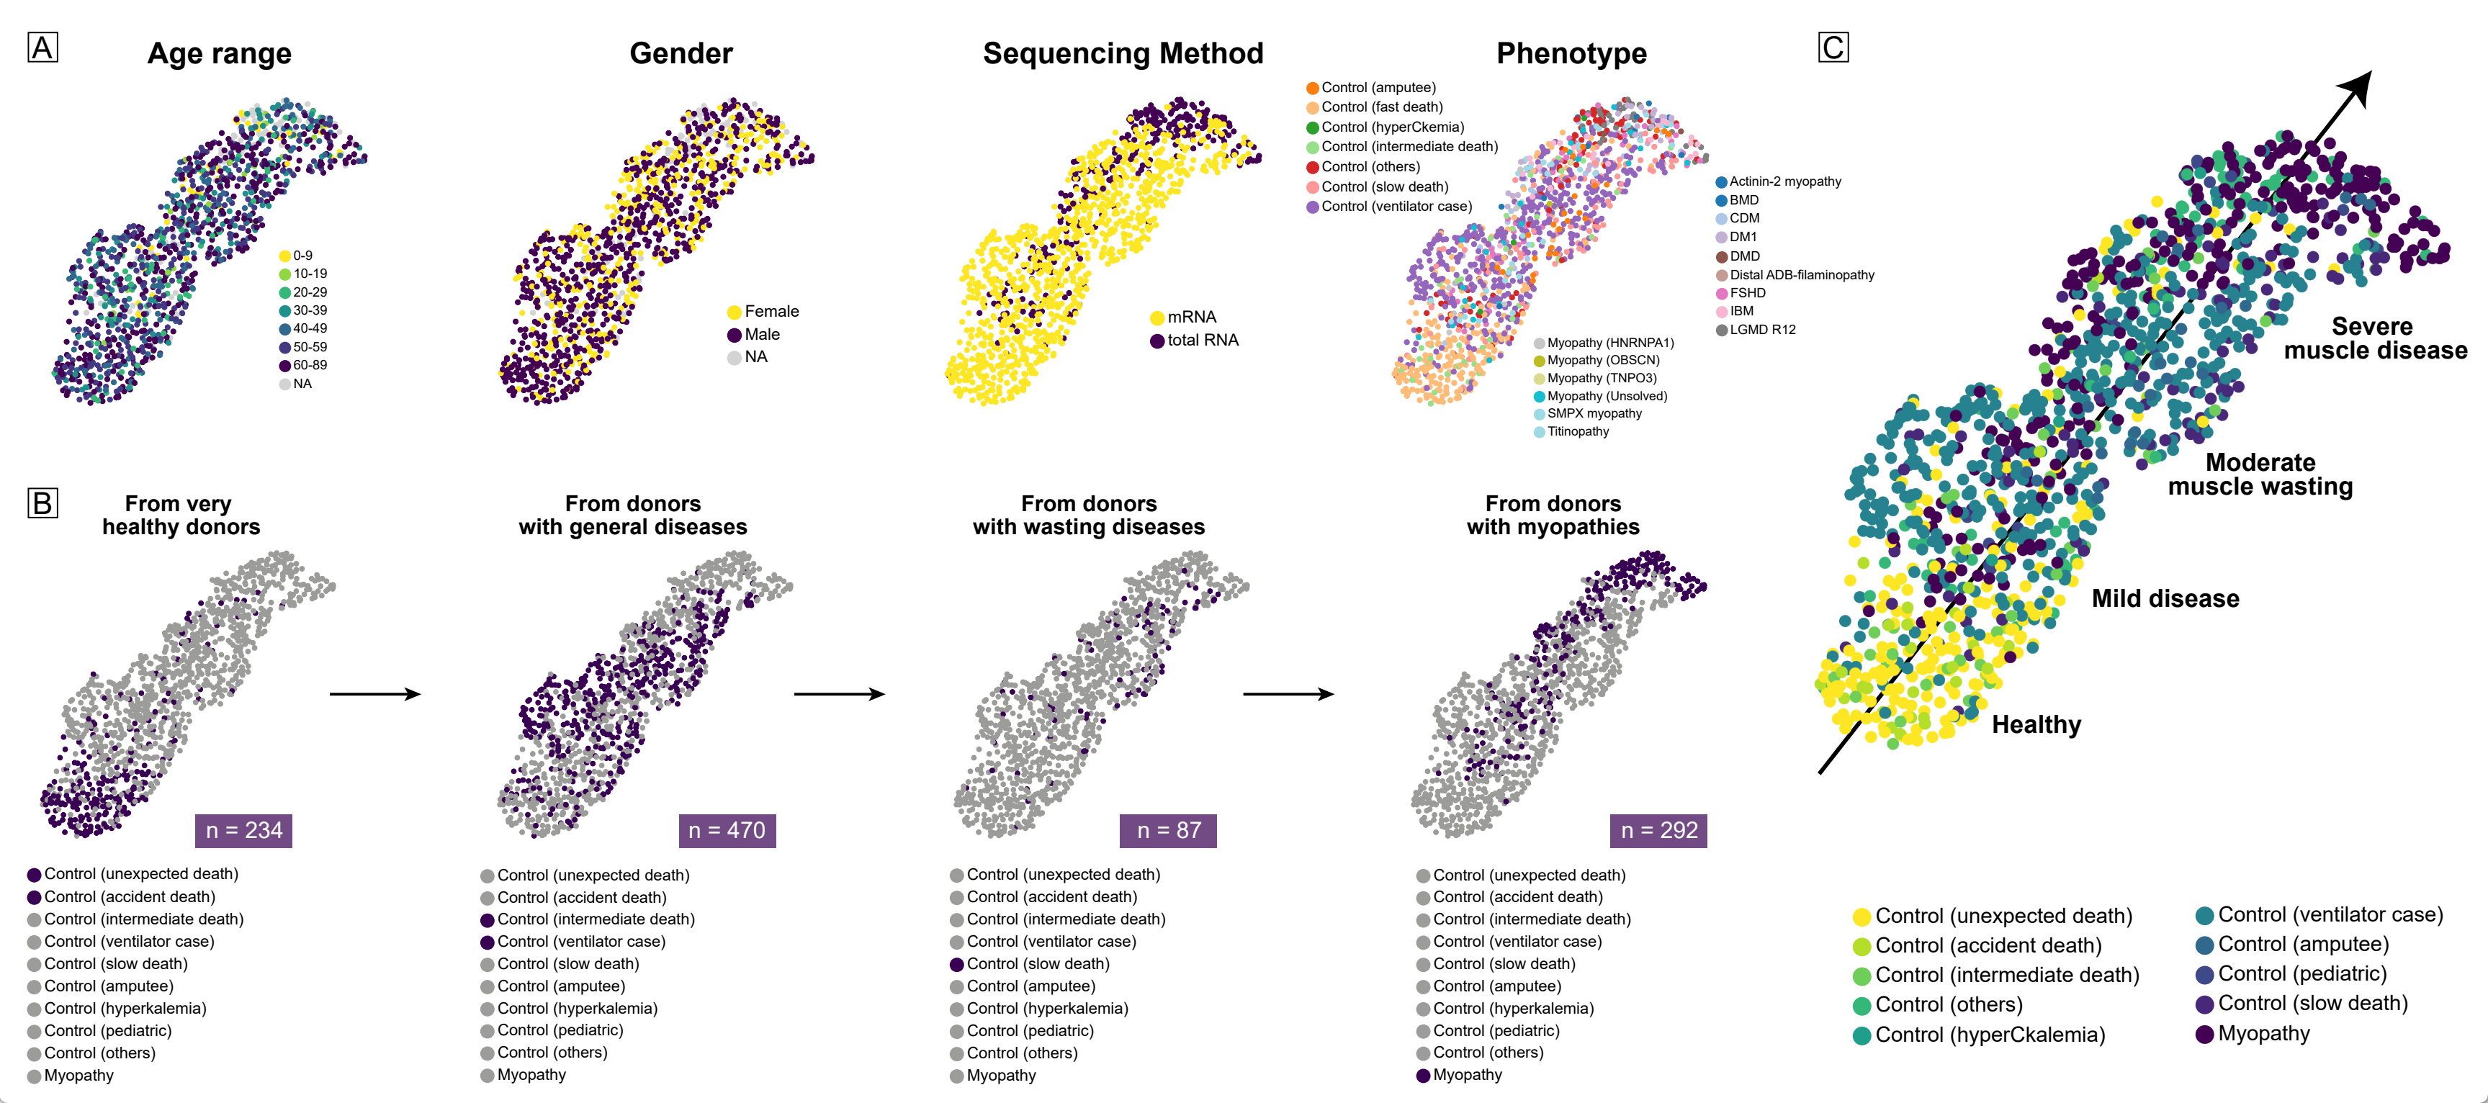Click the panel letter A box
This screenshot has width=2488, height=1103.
click(x=42, y=48)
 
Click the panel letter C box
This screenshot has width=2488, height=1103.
click(x=1832, y=48)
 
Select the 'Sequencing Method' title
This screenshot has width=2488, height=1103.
click(x=1123, y=53)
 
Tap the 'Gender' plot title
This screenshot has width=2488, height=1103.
click(x=681, y=53)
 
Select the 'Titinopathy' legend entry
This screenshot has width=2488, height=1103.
click(x=1577, y=432)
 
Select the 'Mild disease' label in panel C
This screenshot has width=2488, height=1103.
click(x=2165, y=599)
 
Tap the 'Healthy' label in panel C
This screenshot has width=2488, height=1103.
click(x=2036, y=724)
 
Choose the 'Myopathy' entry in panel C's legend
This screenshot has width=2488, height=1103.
click(x=2263, y=1033)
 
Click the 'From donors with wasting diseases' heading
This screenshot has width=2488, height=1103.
click(x=1089, y=515)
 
